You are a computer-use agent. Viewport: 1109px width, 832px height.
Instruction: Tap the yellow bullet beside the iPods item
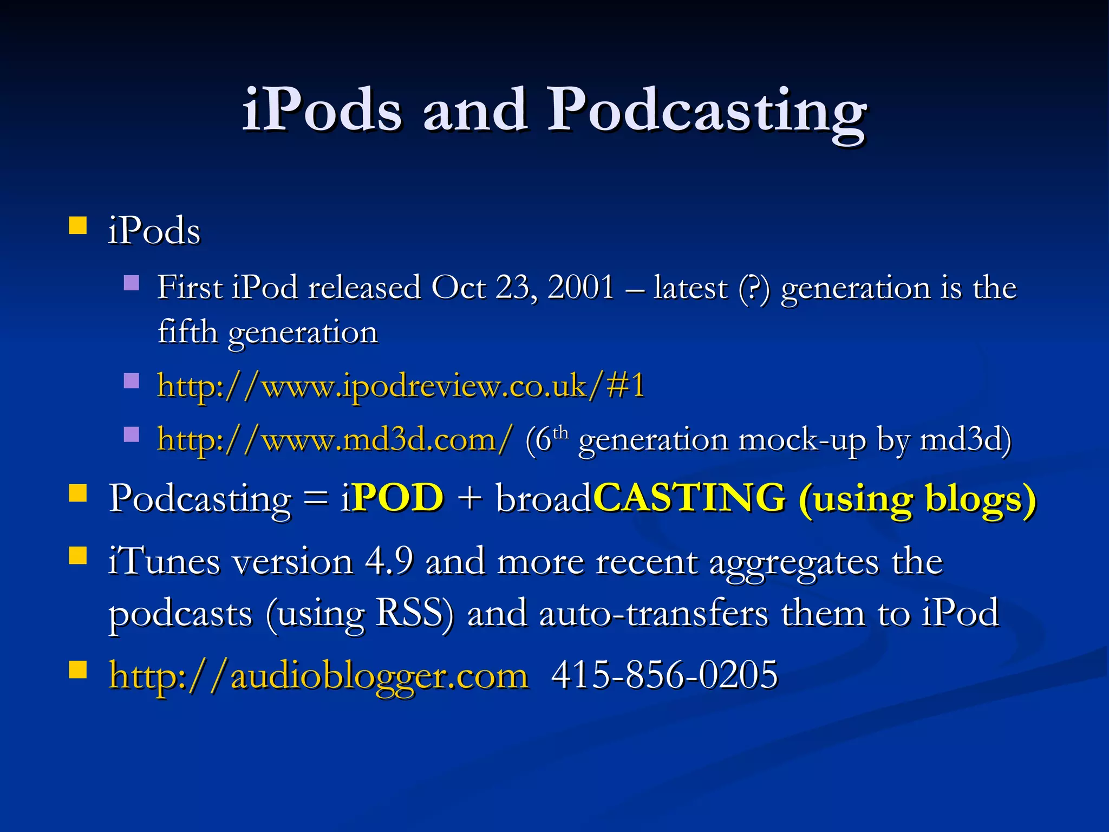78,225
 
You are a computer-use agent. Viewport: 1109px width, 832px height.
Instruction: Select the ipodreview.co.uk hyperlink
401,386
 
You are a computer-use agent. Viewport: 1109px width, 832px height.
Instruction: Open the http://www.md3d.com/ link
334,439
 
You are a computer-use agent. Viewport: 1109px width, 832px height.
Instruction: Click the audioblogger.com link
318,675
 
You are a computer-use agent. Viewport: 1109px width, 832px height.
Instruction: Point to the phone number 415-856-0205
664,675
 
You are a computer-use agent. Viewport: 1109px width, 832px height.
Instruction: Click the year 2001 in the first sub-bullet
580,287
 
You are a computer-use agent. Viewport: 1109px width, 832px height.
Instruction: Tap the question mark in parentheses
753,288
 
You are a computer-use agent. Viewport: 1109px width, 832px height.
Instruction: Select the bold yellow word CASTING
689,497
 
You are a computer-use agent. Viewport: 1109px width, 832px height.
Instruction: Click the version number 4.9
389,561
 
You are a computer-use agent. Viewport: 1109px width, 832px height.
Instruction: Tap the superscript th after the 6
560,432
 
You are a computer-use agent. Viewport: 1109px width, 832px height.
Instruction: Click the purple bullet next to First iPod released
132,283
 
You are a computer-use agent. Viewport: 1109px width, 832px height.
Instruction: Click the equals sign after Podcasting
316,498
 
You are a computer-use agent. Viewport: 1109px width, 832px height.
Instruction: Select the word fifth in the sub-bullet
187,331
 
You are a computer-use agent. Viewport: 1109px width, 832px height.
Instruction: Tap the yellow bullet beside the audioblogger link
78,669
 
